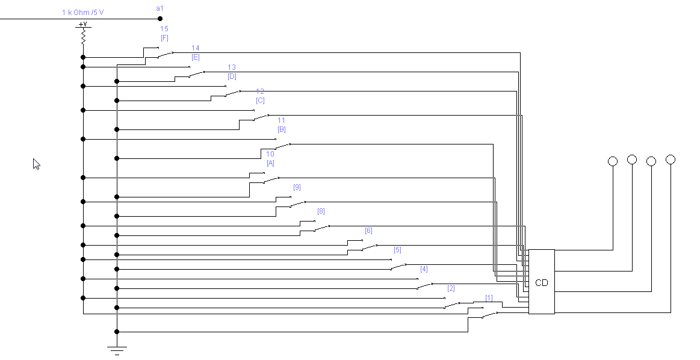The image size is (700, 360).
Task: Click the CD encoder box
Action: click(x=541, y=282)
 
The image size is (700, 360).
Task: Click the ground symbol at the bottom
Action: click(x=117, y=349)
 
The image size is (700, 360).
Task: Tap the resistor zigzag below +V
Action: click(x=83, y=37)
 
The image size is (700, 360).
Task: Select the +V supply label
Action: click(x=83, y=25)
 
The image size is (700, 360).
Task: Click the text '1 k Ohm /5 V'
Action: click(x=83, y=12)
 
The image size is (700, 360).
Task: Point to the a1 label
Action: click(x=160, y=8)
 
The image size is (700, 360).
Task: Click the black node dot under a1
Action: click(x=160, y=19)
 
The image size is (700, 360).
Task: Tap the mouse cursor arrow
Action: click(x=36, y=164)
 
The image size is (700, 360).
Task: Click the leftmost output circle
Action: click(x=613, y=161)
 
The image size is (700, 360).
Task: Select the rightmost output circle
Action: click(x=671, y=160)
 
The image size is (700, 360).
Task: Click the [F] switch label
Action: click(x=164, y=38)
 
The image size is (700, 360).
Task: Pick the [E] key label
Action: click(x=196, y=57)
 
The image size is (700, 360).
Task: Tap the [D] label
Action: click(x=232, y=76)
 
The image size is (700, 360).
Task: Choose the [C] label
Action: click(x=260, y=101)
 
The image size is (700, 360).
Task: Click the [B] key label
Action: click(x=282, y=129)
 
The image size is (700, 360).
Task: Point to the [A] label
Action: click(x=270, y=163)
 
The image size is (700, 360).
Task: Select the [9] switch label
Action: click(x=297, y=187)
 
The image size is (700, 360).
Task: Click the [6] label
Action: click(x=368, y=231)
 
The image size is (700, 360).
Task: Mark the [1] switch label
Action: click(x=489, y=298)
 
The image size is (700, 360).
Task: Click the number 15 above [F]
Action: click(x=164, y=29)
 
